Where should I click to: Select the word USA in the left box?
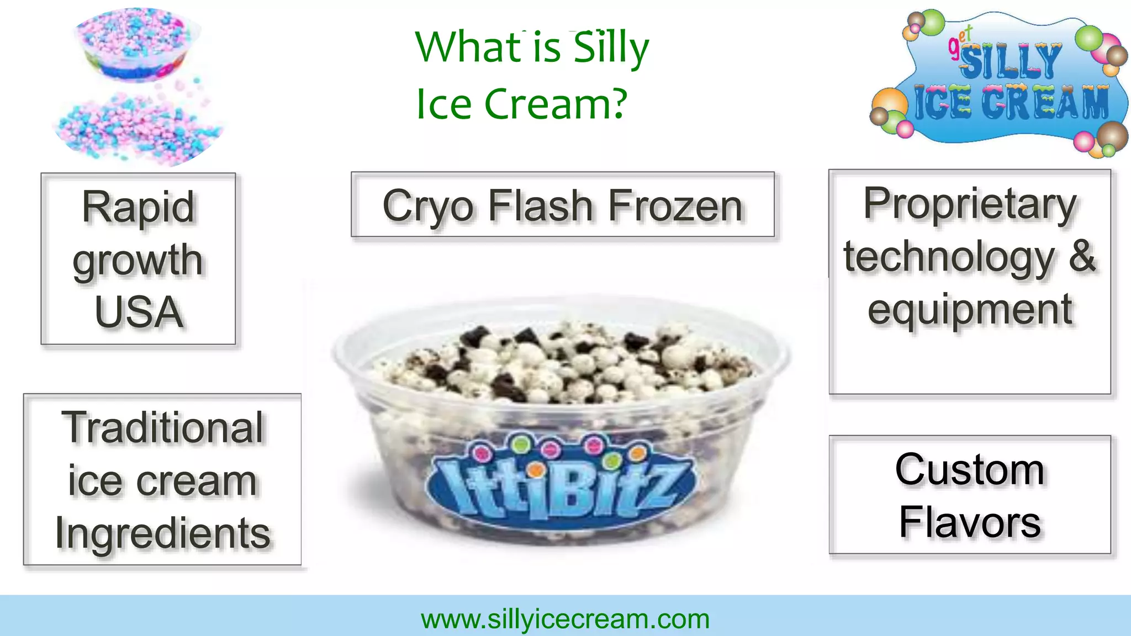(139, 312)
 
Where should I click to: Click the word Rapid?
(139, 207)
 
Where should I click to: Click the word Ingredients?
(163, 533)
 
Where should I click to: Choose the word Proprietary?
(970, 204)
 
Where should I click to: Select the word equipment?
(970, 310)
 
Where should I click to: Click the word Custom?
(970, 470)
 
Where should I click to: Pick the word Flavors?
(970, 522)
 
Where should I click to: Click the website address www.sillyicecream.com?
(565, 619)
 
